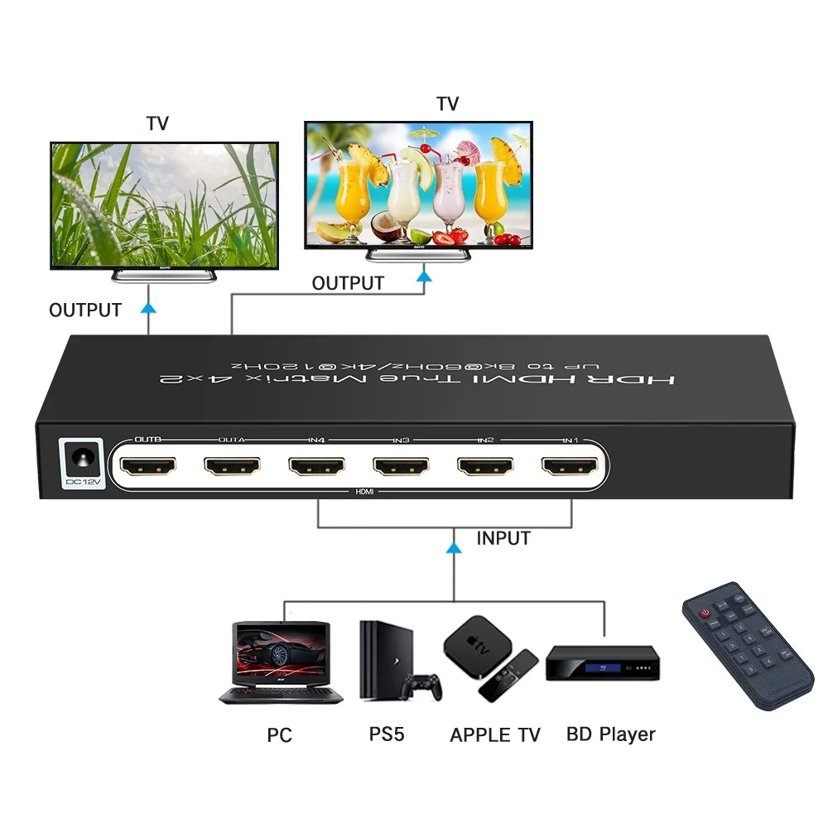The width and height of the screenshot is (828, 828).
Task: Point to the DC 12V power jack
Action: [x=84, y=460]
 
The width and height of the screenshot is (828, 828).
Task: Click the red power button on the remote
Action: [x=705, y=614]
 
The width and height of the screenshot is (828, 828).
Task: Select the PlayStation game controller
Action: [x=422, y=686]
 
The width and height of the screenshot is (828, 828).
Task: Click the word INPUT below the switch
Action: [x=503, y=538]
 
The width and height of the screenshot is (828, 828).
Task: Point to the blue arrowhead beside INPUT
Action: [x=453, y=546]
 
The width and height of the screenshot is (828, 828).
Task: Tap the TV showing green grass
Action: [x=163, y=205]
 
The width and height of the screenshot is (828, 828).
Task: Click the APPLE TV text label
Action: [x=494, y=735]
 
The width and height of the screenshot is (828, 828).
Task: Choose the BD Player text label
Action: [x=611, y=734]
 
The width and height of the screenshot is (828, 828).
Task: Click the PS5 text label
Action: [x=387, y=734]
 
